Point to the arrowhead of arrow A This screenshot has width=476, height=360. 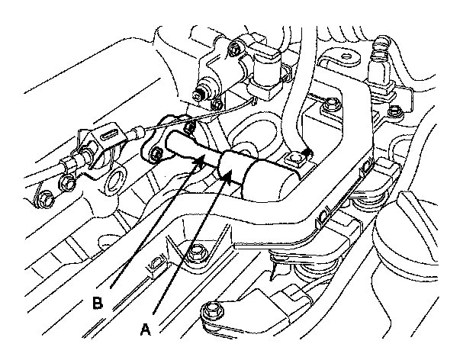(x=230, y=178)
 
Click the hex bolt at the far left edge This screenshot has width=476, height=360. (x=44, y=201)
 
